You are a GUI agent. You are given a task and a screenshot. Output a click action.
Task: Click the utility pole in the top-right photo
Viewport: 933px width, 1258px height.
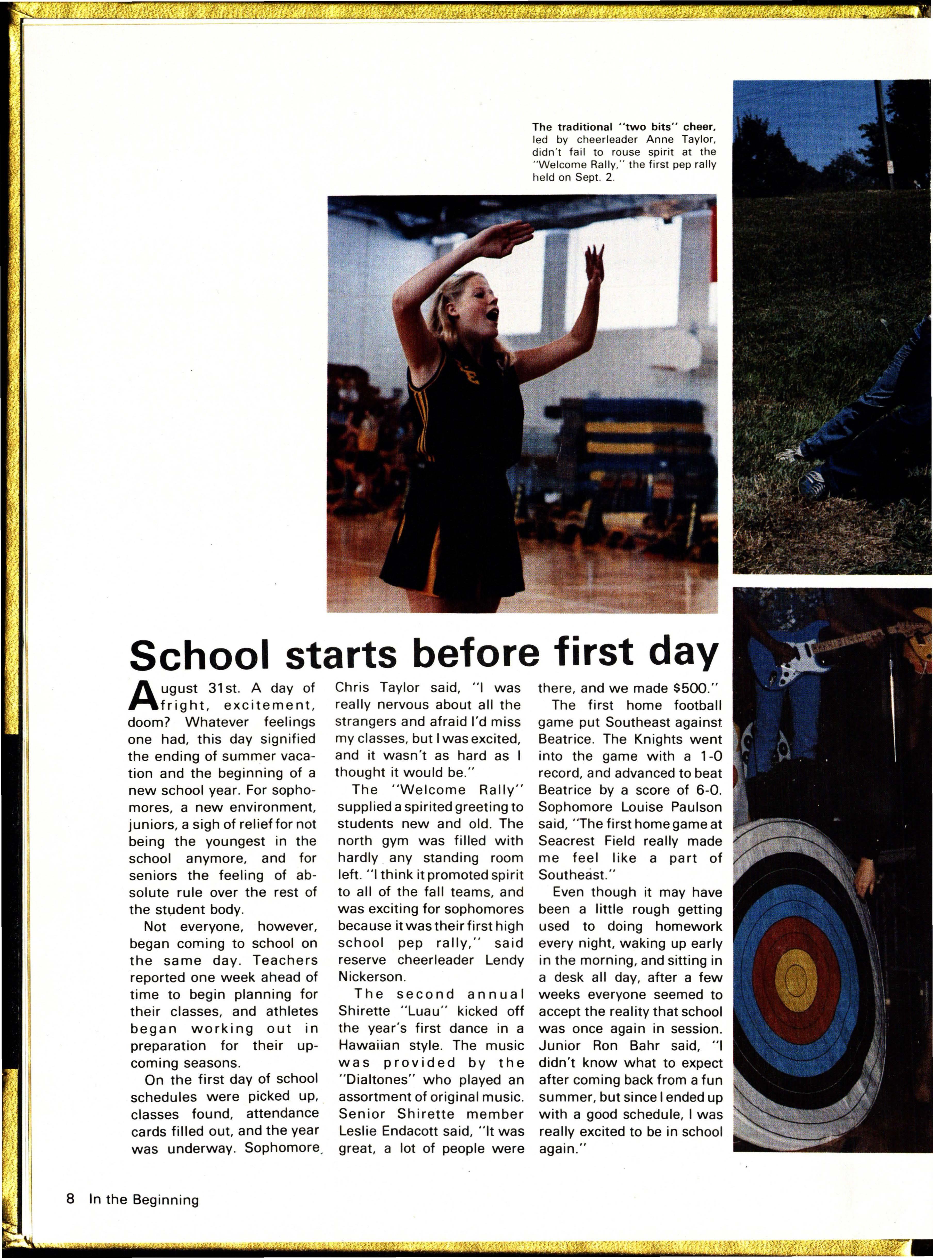[x=884, y=135]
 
